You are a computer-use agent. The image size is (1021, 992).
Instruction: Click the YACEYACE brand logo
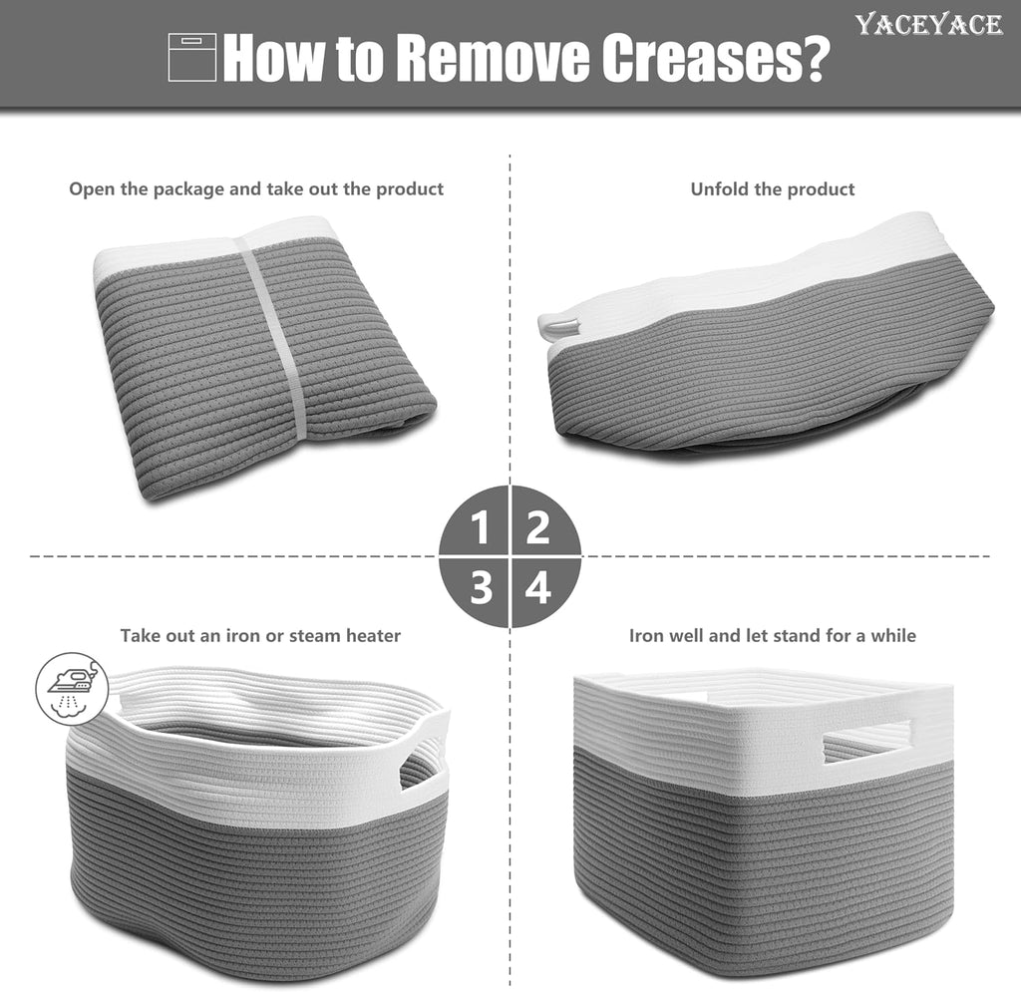[x=928, y=25]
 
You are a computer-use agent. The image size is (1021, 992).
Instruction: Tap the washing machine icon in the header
[x=192, y=57]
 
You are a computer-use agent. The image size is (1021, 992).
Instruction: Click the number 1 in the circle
[x=481, y=527]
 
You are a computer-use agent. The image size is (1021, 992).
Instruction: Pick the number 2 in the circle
[x=537, y=527]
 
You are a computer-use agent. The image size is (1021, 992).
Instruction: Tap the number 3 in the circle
[x=481, y=587]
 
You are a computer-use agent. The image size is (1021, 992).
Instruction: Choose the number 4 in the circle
[x=538, y=587]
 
